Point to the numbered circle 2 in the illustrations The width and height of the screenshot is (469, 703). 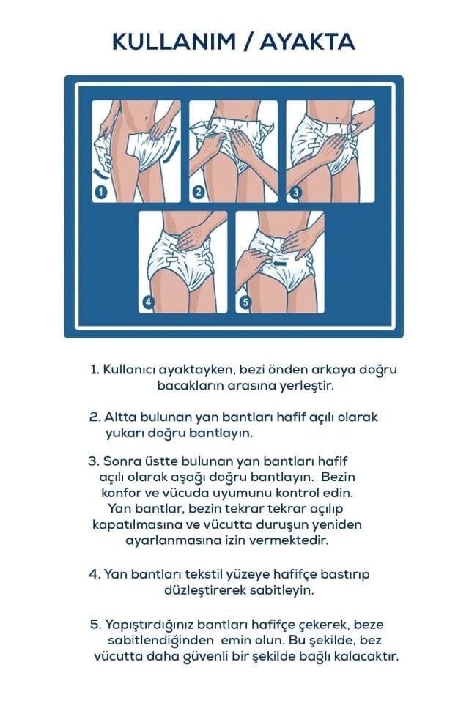coord(198,193)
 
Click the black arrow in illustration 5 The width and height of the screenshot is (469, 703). coord(279,258)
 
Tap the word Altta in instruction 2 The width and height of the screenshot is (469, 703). coord(119,417)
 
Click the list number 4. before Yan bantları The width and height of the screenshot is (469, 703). coord(95,574)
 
